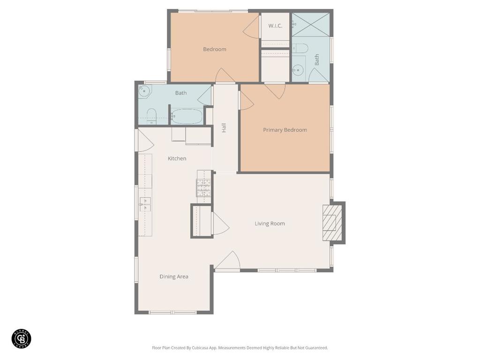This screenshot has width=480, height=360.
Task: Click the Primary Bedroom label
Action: coord(285,130)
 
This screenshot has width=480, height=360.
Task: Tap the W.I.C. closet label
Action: coord(275,26)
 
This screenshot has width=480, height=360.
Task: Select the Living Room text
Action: coord(270,224)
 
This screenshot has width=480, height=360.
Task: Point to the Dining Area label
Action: coord(174,277)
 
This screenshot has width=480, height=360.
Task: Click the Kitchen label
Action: coord(177,158)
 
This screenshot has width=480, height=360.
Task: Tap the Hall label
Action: coord(224,127)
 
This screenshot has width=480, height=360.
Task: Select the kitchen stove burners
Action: coord(204,187)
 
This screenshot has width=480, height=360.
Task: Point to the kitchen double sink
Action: coord(145,204)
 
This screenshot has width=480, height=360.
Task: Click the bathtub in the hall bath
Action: coord(187,116)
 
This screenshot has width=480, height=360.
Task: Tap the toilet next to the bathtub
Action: coord(151,117)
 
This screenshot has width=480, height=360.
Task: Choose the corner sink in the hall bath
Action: coord(144,91)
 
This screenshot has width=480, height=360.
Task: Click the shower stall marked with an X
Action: coord(310,24)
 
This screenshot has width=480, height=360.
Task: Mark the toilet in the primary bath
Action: coord(300,48)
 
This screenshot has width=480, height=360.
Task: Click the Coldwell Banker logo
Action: coord(22,339)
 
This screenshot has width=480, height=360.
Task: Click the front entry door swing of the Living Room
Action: coord(228,260)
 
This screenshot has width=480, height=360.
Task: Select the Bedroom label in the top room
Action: coord(215,49)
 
